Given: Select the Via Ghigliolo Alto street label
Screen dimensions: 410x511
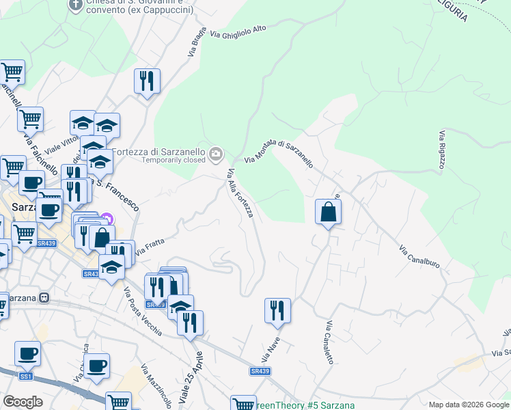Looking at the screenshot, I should point(238,32).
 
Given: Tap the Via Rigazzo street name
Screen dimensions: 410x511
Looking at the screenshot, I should point(442,149).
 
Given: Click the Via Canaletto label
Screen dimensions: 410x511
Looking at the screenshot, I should point(329,342).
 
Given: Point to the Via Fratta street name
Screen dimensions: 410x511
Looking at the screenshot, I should point(150,246).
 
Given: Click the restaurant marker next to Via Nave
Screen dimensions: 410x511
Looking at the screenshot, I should point(277,310).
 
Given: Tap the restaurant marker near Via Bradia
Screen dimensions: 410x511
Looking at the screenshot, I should point(147,81).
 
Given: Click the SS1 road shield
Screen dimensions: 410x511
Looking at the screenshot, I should point(26,377).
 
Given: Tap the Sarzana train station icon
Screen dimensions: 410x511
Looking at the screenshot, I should point(45,298).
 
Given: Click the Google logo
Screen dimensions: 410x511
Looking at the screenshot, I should point(23,401).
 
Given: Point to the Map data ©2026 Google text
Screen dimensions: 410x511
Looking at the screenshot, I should point(469,405).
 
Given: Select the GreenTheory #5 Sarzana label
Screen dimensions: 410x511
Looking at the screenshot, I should point(305,405).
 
